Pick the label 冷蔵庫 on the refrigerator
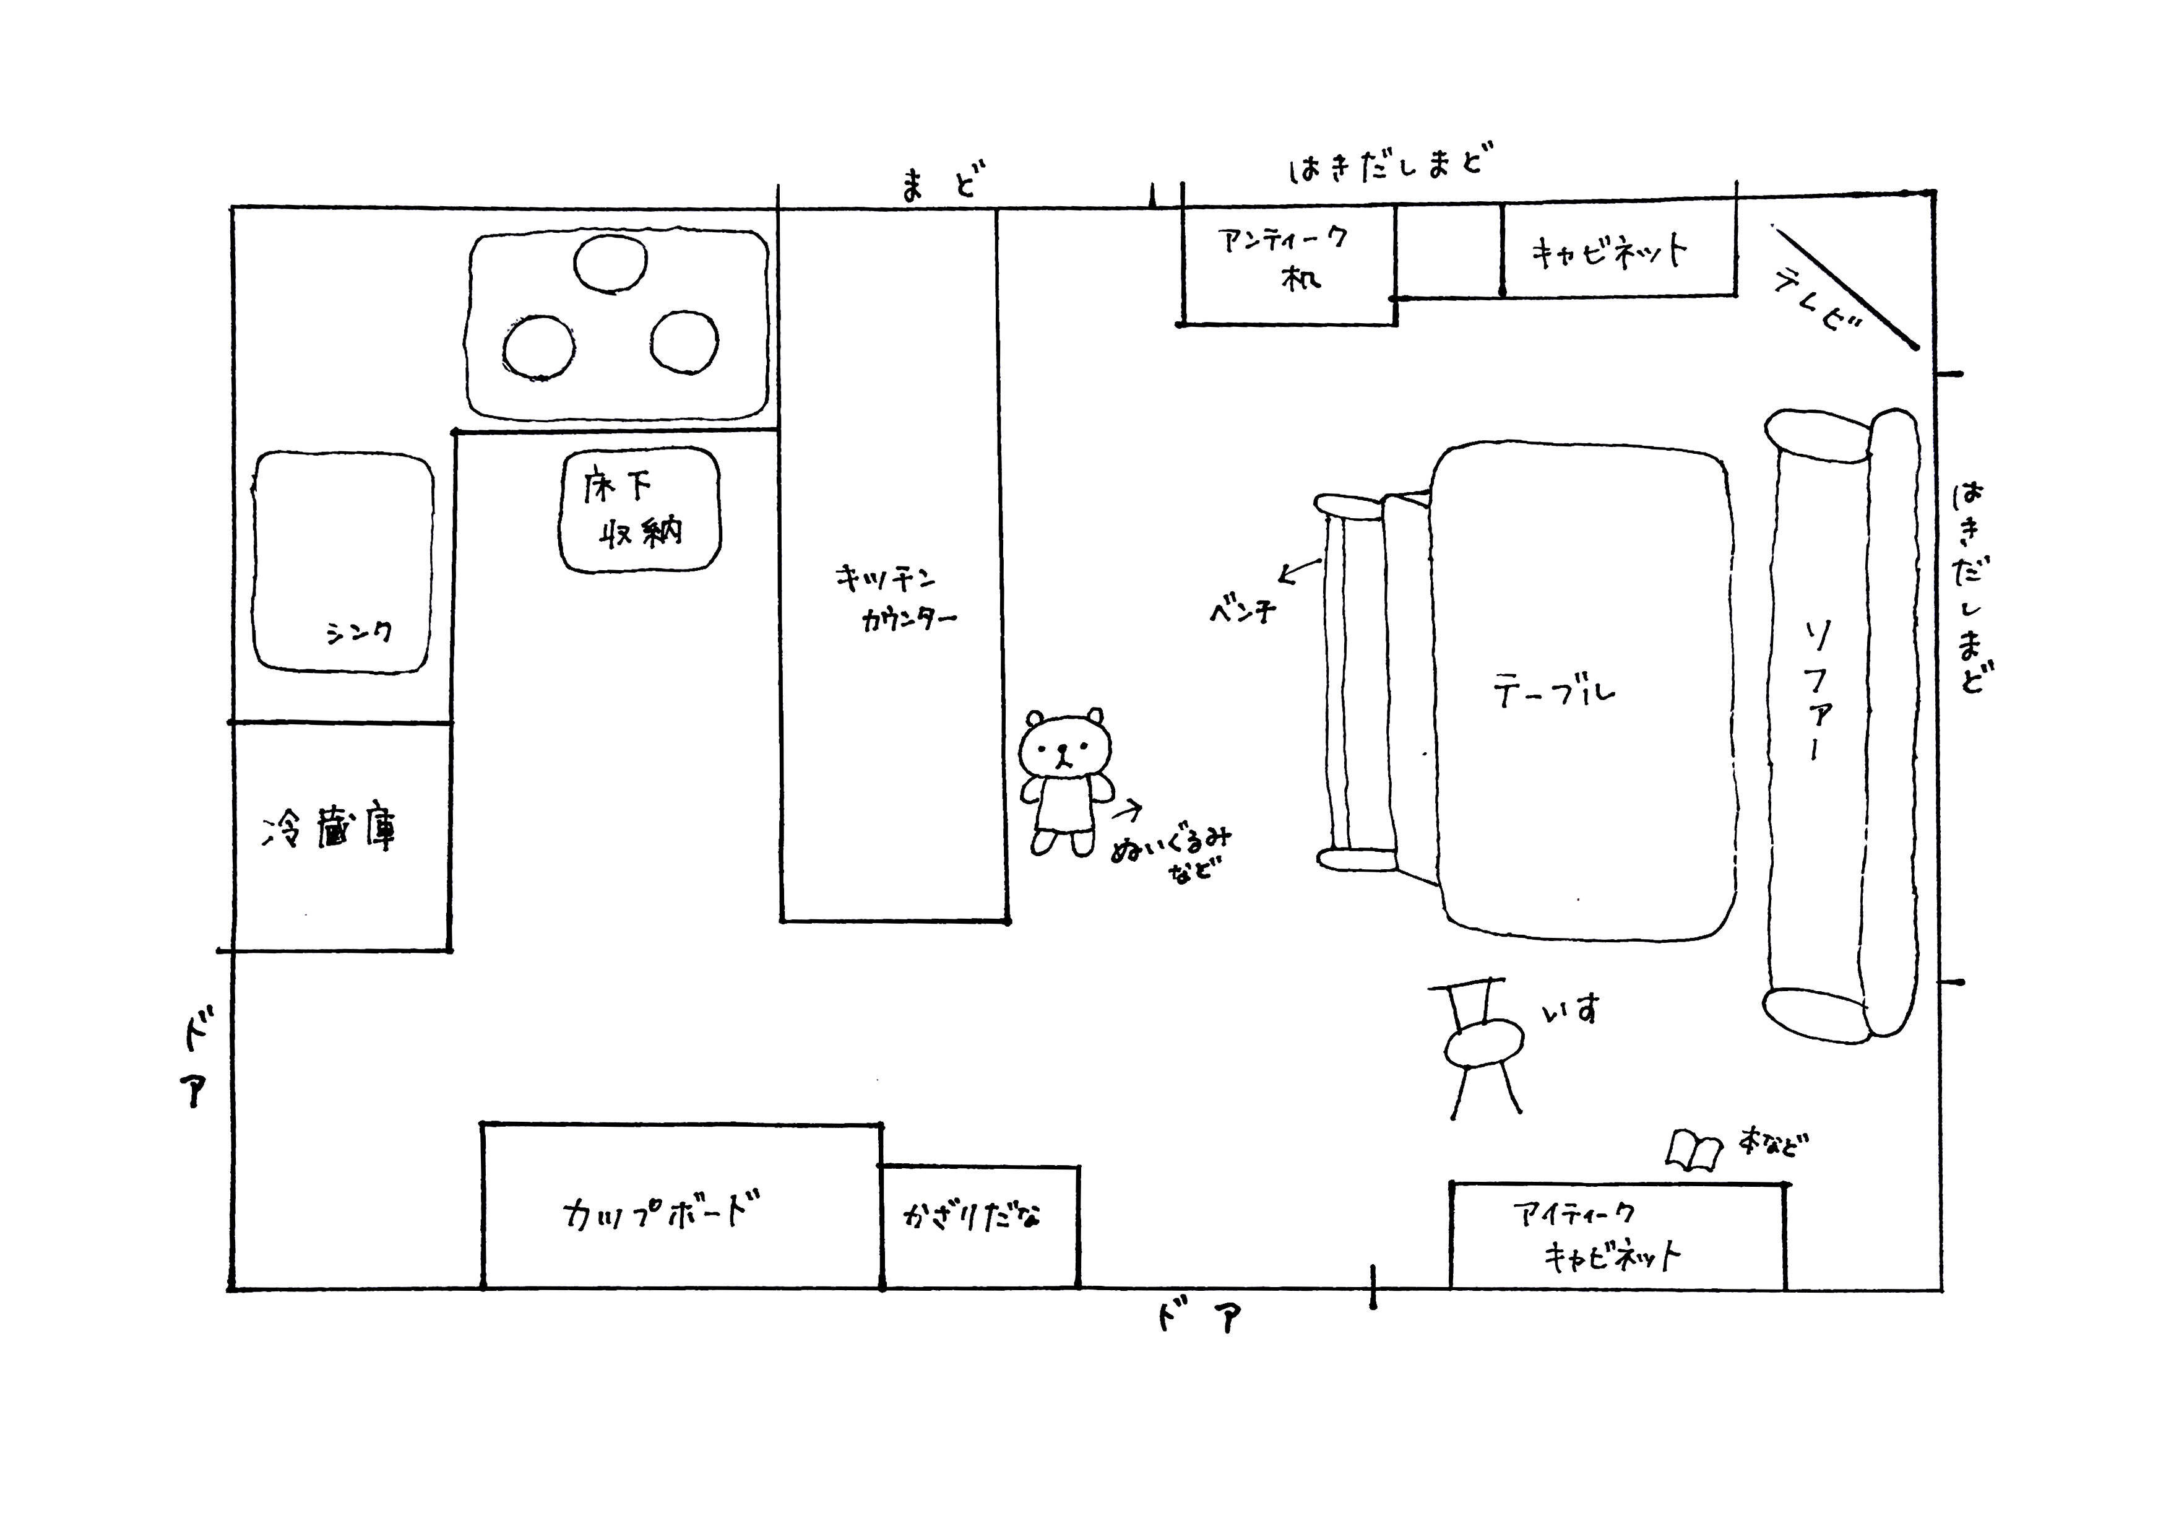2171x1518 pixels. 329,830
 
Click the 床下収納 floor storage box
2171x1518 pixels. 639,510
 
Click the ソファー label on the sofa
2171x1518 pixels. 1816,690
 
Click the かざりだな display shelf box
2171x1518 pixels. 980,1226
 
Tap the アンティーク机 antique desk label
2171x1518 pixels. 1285,258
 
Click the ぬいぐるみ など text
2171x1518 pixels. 1173,853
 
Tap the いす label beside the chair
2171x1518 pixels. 1571,1010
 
